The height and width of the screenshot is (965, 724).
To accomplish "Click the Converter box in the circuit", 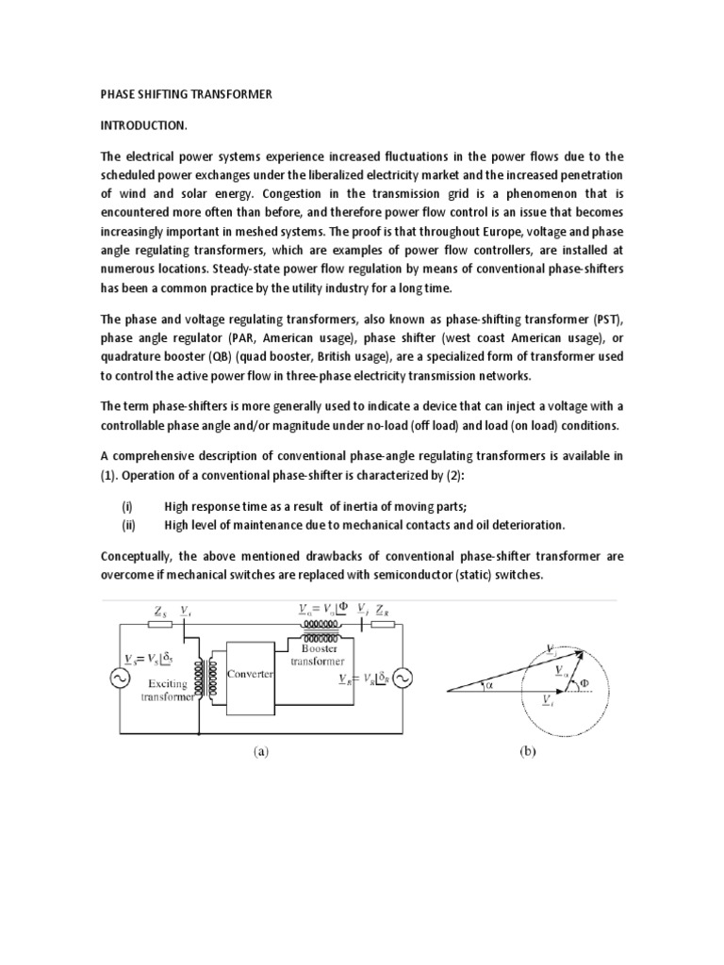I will click(x=250, y=675).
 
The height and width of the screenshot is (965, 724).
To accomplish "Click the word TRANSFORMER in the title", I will click(x=232, y=95).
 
